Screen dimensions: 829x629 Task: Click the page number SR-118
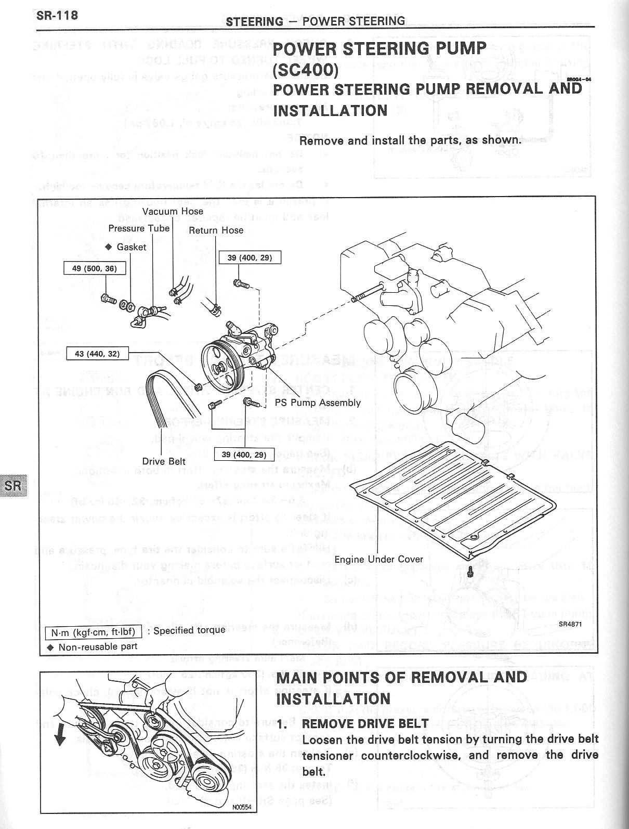[x=57, y=15]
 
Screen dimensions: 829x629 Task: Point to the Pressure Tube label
[x=139, y=228]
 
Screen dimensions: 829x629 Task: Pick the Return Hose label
[x=216, y=230]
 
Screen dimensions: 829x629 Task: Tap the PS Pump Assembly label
[x=317, y=403]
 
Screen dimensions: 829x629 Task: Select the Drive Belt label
[x=164, y=461]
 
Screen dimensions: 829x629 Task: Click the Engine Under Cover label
[x=378, y=560]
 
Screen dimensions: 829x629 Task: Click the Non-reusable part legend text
[x=98, y=647]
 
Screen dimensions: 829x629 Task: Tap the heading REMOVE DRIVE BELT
[x=365, y=723]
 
